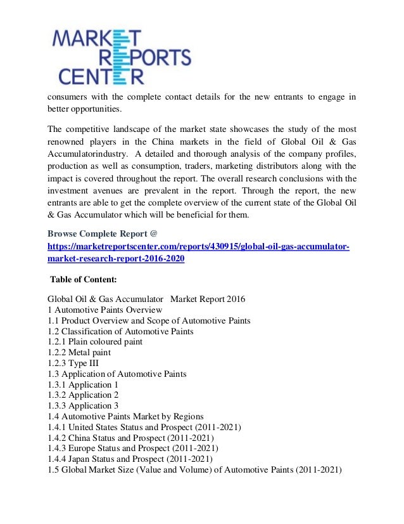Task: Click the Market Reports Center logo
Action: coord(121,58)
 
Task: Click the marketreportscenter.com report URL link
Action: coord(198,253)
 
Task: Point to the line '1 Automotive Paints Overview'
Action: coord(104,310)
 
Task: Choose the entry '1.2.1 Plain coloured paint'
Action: coord(95,342)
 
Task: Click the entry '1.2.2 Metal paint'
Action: coord(79,353)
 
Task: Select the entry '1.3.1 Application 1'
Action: coord(83,385)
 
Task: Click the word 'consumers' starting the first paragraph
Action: coord(69,97)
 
